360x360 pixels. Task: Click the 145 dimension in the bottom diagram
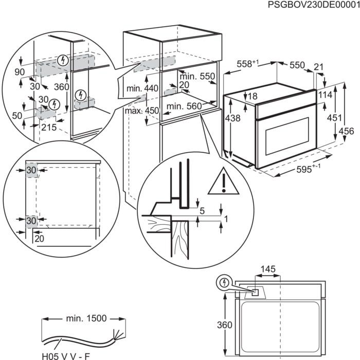pyautogui.click(x=268, y=269)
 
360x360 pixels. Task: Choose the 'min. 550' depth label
pyautogui.click(x=196, y=76)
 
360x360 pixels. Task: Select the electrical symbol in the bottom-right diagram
pyautogui.click(x=224, y=282)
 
